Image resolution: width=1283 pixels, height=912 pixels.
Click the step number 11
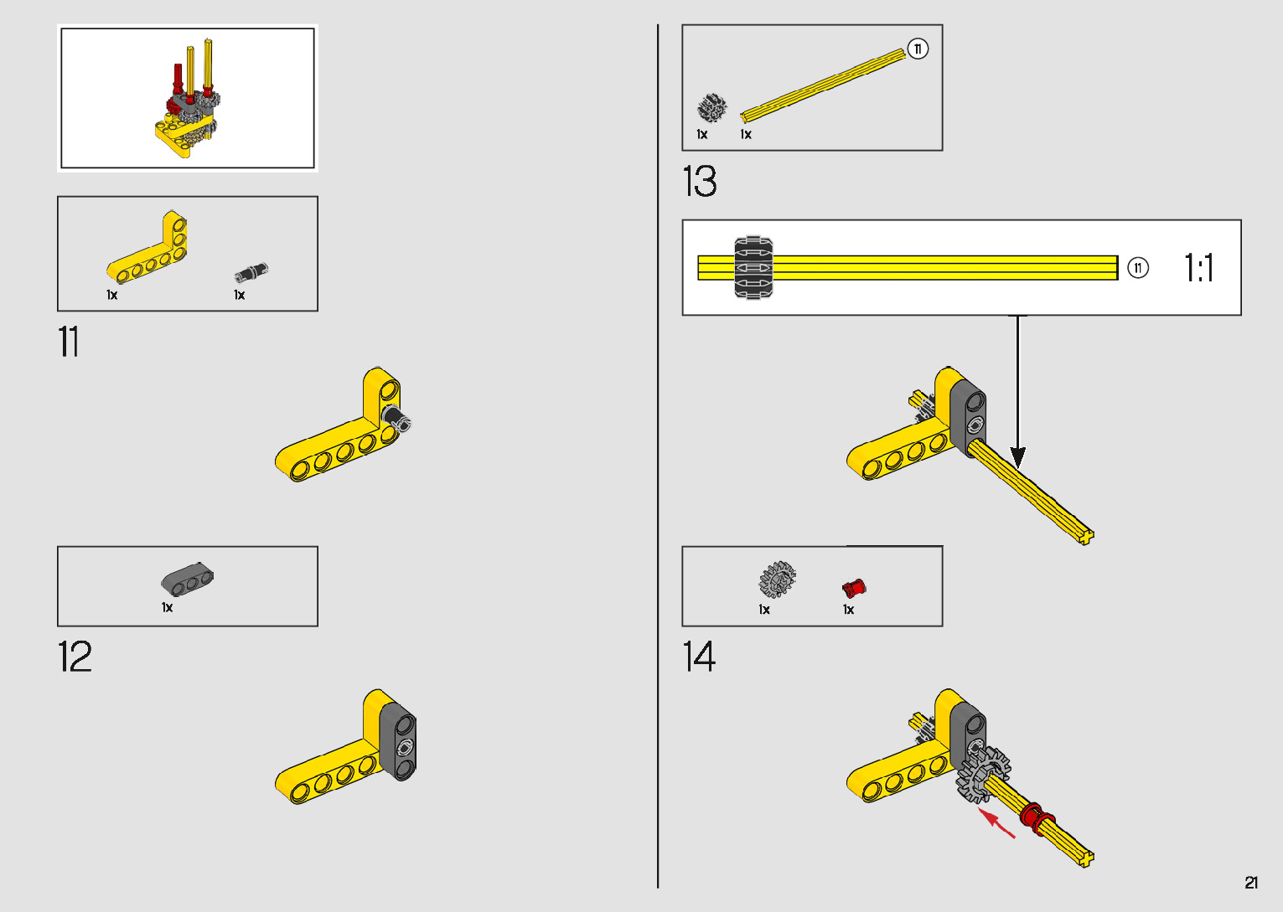point(69,343)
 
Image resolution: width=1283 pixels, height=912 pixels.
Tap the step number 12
point(75,657)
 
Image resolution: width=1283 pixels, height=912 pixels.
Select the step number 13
point(700,182)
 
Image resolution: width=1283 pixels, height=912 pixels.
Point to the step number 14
point(699,657)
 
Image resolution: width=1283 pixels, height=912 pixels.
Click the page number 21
point(1251,883)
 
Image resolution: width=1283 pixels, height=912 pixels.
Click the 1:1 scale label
point(1199,268)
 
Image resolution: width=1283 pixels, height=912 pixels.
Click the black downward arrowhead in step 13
point(1017,457)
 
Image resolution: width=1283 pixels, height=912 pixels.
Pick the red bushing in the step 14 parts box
point(854,587)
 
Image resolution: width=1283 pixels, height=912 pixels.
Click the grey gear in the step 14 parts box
point(778,580)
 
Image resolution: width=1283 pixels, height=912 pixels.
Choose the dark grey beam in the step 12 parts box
point(187,578)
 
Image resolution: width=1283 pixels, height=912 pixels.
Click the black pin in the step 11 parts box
point(251,272)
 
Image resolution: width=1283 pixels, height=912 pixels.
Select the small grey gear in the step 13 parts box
point(712,108)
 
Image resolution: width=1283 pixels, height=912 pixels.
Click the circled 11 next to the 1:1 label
point(1137,268)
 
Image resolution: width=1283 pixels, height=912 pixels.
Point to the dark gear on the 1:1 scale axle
point(753,268)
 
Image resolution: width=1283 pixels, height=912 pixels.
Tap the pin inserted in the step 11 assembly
point(396,418)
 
